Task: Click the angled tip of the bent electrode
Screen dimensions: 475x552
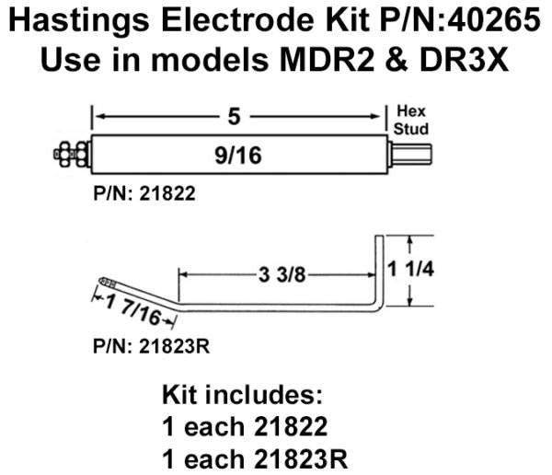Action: coord(109,281)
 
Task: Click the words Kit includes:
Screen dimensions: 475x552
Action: coord(242,397)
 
